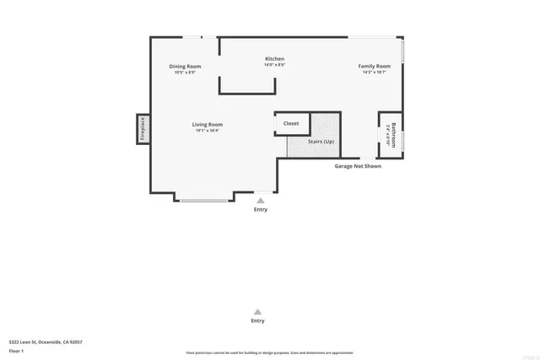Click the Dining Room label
pos(185,66)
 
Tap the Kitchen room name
pos(275,58)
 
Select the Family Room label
pos(374,66)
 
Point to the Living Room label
pos(207,124)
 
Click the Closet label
pos(290,123)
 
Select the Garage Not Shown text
pos(358,166)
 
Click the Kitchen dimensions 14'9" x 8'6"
pos(275,65)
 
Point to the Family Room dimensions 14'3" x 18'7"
pos(374,73)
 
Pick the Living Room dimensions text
pos(207,131)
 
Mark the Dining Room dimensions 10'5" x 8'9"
pos(185,73)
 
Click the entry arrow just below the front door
pos(261,201)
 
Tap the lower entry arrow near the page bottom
pos(257,311)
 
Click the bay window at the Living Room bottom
pos(203,201)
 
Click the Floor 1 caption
pos(17,350)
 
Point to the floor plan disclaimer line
pos(270,352)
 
